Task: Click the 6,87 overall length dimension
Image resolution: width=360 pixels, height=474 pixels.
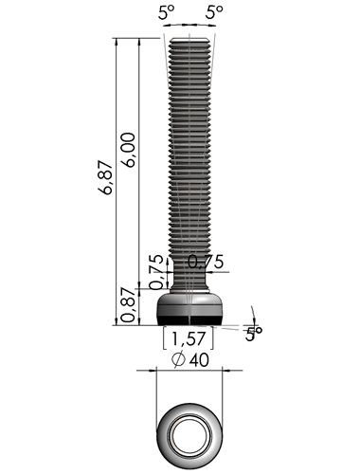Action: point(105,177)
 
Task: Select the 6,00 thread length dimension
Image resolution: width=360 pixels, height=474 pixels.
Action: point(129,150)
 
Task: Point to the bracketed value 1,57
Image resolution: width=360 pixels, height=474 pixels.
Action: point(189,338)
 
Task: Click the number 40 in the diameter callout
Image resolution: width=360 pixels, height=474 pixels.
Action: point(199,360)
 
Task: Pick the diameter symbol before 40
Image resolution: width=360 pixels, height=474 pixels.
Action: point(178,360)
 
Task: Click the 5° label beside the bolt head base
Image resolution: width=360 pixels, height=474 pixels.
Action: point(254,334)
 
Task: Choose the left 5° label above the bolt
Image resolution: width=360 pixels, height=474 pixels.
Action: point(166,12)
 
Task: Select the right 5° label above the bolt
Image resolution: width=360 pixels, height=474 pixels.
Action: point(214,12)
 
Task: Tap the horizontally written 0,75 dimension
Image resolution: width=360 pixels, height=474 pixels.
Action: point(206,262)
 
